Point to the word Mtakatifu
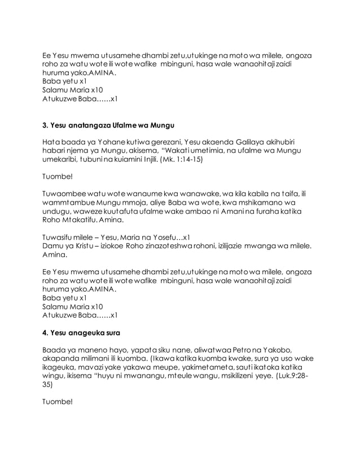[83, 223]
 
